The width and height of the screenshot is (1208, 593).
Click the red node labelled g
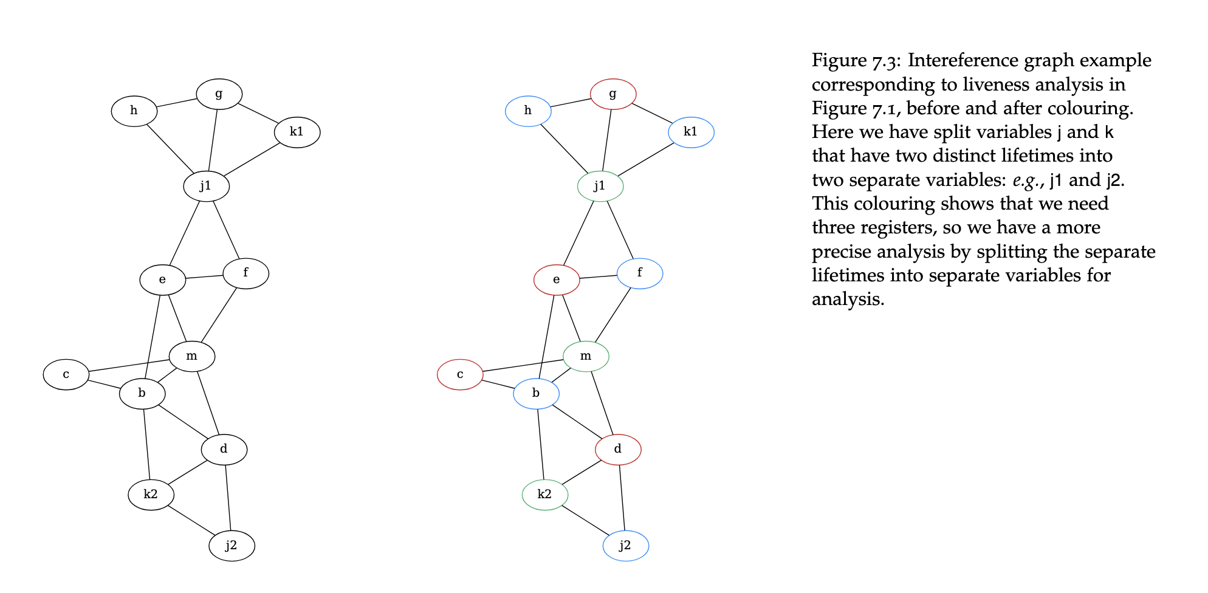(x=613, y=94)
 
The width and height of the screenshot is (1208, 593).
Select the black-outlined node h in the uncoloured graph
(x=134, y=111)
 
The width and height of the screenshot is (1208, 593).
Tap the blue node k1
(x=691, y=132)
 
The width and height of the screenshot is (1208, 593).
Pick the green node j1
(x=600, y=186)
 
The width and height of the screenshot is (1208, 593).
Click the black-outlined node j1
(x=207, y=186)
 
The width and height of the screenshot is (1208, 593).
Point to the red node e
(x=557, y=279)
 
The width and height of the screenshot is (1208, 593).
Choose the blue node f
(x=640, y=273)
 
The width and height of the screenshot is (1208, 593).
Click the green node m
(x=586, y=356)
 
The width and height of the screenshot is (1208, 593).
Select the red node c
(x=460, y=374)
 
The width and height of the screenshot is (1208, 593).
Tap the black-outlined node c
(x=66, y=374)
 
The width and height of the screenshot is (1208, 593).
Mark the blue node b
(x=536, y=393)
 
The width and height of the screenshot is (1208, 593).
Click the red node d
(x=618, y=450)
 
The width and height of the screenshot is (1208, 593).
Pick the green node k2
(x=545, y=495)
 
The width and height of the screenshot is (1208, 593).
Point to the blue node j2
(x=625, y=546)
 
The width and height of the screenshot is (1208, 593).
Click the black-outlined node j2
(x=232, y=546)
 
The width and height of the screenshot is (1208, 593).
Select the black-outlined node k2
(x=151, y=495)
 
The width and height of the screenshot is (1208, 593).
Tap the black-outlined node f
(x=246, y=273)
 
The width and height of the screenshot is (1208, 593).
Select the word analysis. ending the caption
(x=848, y=300)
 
